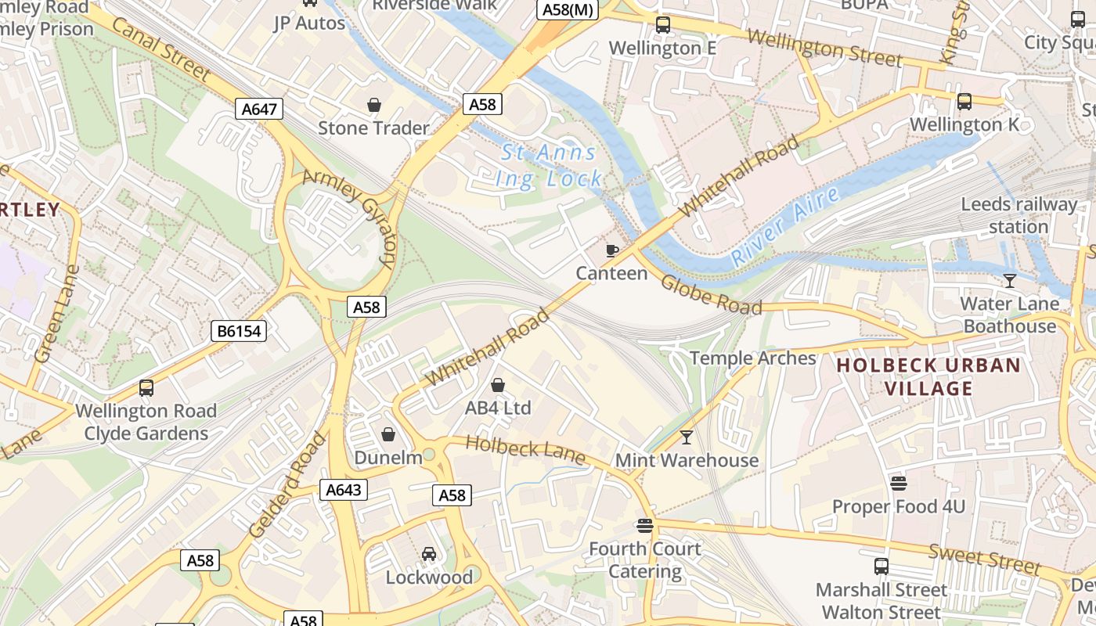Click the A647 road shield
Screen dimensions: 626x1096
[x=259, y=109]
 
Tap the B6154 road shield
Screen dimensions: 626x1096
[x=239, y=331]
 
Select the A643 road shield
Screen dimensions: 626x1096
[x=343, y=490]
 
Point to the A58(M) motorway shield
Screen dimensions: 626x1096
[x=568, y=9]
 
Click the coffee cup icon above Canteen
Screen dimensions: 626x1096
[x=612, y=250]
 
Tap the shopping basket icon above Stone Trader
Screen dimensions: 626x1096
[x=374, y=105]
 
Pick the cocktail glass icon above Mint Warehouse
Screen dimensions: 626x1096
[x=687, y=437]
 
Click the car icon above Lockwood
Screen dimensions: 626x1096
[x=429, y=554]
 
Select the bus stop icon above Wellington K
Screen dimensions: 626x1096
[x=964, y=102]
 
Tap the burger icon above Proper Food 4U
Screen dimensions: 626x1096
[x=899, y=484]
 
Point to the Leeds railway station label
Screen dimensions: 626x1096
[x=1018, y=216]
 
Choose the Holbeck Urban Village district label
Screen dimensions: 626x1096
[x=928, y=376]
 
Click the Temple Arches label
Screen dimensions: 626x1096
[x=752, y=358]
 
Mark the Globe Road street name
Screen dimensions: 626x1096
[x=711, y=294]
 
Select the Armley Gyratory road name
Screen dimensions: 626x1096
[x=352, y=216]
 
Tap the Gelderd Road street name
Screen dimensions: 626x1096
[x=287, y=484]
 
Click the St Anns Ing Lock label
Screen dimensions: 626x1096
[x=549, y=165]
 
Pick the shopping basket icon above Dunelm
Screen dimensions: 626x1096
[x=388, y=434]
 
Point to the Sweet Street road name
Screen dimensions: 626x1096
[x=985, y=558]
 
